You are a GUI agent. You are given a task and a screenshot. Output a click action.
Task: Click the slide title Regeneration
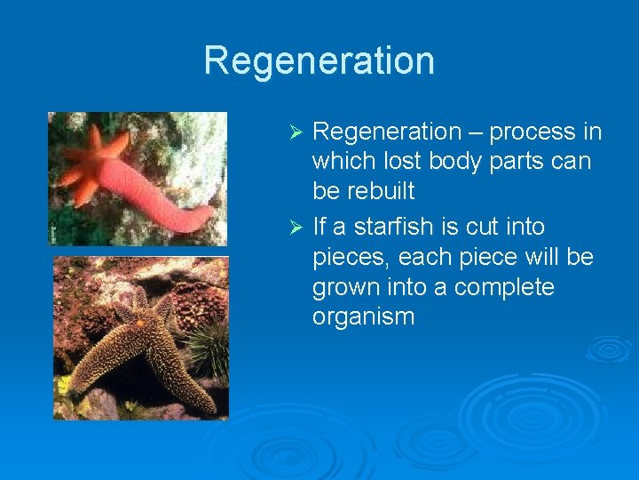pyautogui.click(x=319, y=60)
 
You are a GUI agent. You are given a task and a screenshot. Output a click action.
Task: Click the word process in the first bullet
pyautogui.click(x=532, y=132)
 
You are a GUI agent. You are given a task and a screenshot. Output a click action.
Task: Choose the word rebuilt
pyautogui.click(x=380, y=192)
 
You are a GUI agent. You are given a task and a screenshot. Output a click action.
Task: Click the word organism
pyautogui.click(x=363, y=317)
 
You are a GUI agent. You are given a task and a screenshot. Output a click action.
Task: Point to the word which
pyautogui.click(x=341, y=162)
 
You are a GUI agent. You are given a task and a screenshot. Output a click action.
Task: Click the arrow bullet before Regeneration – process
pyautogui.click(x=298, y=132)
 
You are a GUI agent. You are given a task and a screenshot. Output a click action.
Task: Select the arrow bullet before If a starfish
pyautogui.click(x=298, y=228)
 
